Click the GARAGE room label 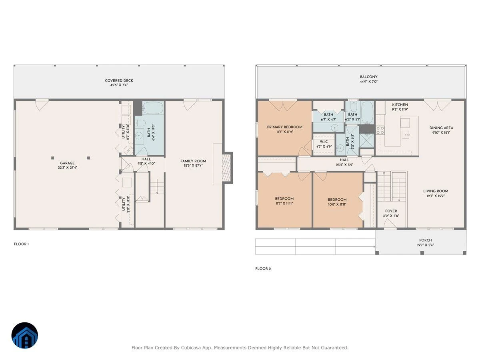67,163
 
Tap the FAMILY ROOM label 193,161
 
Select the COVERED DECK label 119,80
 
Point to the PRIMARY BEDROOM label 285,127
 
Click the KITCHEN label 400,105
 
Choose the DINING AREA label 441,128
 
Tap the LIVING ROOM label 436,191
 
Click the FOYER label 391,211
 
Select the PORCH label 426,240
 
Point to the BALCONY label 369,77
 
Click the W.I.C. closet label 324,142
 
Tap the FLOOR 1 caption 22,244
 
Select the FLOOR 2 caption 263,269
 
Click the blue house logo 25,335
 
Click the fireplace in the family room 226,168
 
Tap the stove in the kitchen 380,130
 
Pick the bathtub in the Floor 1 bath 153,108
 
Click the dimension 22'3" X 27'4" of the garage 67,168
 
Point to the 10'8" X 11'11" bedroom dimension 337,204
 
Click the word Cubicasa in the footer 191,348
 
